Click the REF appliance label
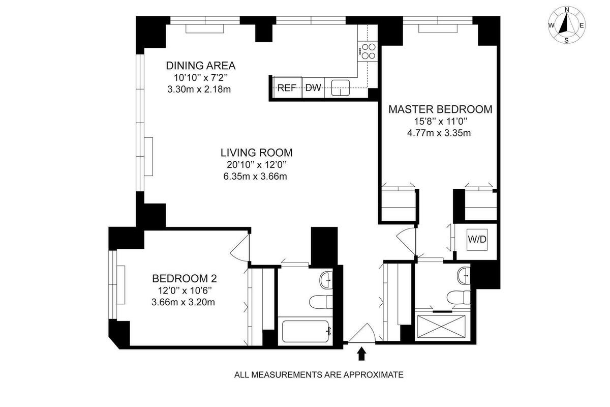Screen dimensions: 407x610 [287, 88]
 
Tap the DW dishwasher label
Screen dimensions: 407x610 [313, 88]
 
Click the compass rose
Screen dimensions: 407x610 [566, 25]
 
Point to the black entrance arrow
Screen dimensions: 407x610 [361, 354]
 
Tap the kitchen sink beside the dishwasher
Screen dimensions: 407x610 [341, 88]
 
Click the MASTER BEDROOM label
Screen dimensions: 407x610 [440, 109]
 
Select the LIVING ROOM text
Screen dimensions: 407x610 [256, 152]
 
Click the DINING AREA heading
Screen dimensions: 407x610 [201, 66]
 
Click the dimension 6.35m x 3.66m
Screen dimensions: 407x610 [256, 177]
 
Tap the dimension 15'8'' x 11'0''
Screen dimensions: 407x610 [440, 122]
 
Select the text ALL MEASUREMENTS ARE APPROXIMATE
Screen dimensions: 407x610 [319, 375]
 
